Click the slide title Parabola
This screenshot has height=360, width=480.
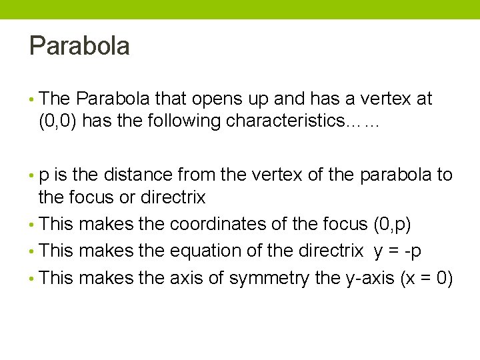tap(79, 46)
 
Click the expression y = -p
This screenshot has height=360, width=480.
tap(397, 251)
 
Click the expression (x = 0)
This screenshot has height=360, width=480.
tap(427, 277)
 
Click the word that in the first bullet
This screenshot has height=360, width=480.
tap(171, 99)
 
